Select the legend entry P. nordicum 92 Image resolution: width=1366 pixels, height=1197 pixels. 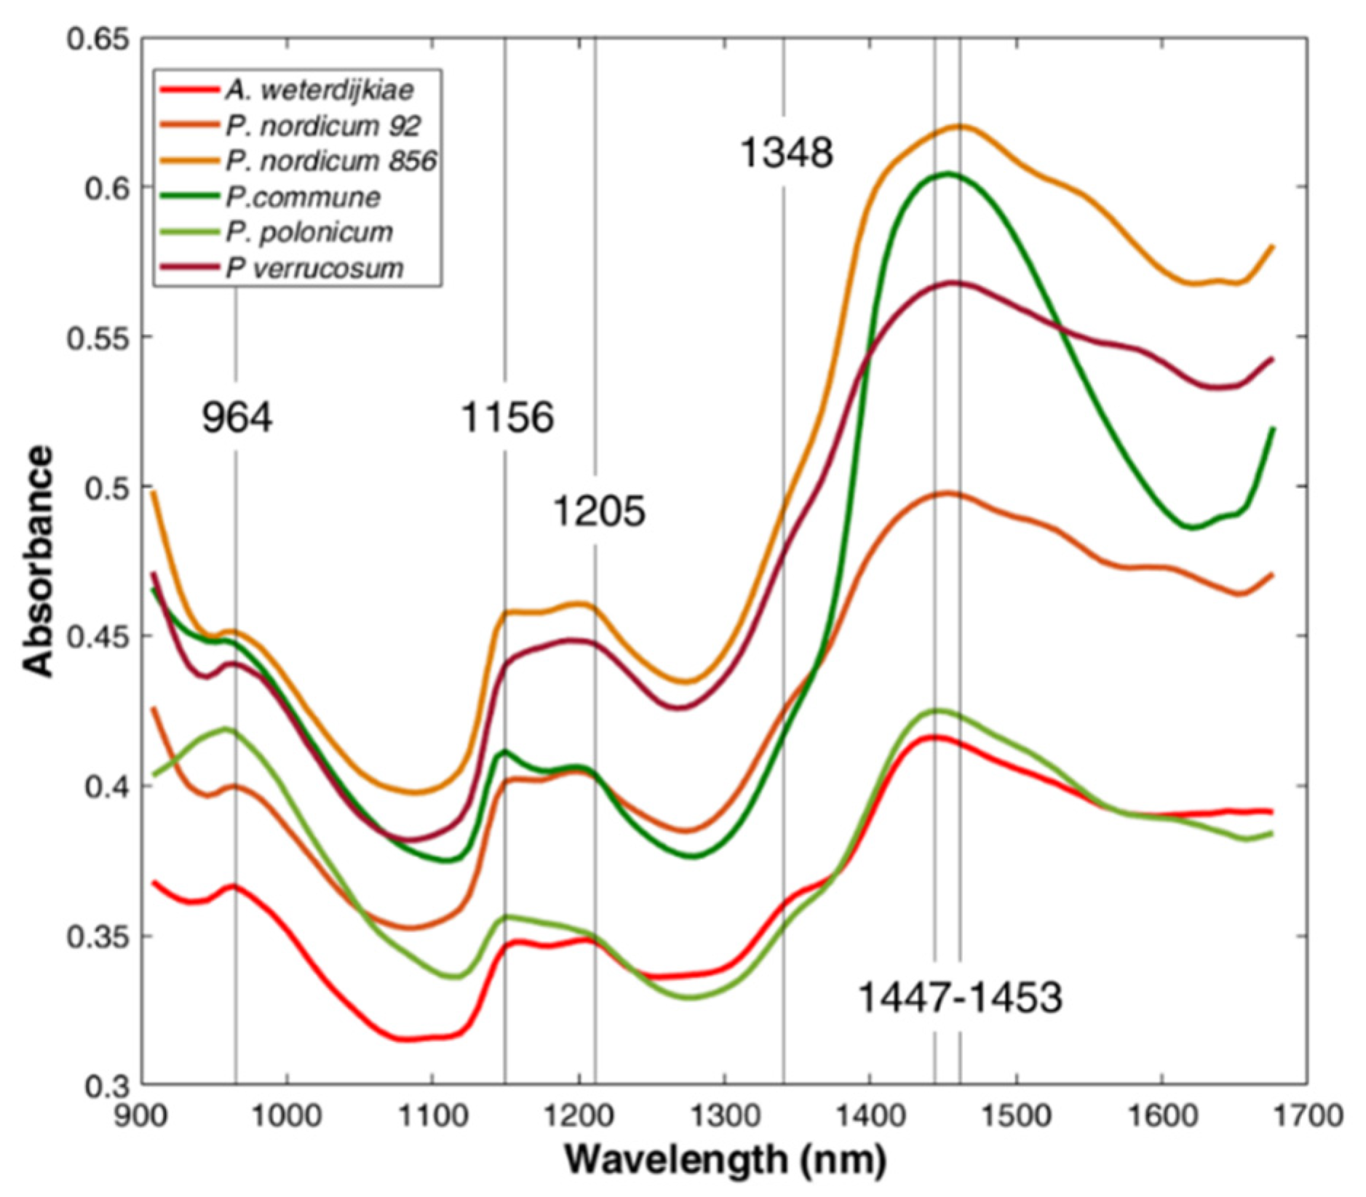[322, 126]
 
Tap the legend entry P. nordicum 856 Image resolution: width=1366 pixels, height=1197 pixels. [330, 162]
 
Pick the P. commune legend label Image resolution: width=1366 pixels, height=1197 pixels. [303, 197]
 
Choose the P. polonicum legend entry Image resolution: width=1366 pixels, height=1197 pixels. [309, 233]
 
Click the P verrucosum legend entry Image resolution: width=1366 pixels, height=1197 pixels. [314, 269]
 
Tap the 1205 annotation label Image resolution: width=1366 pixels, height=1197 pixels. [599, 511]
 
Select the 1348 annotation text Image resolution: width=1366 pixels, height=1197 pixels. [786, 154]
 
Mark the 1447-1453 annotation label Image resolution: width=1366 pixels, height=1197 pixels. [960, 998]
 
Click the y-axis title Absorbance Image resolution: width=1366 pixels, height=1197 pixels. [38, 562]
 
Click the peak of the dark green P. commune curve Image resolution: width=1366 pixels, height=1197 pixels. [948, 173]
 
